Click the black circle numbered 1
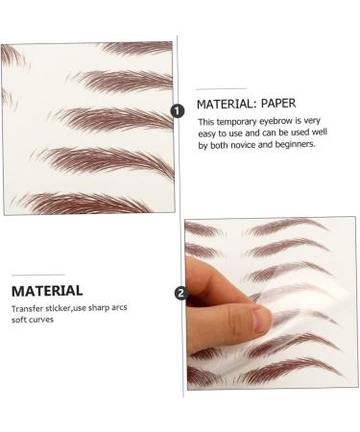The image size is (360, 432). point(178,110)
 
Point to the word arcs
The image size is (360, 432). point(127,308)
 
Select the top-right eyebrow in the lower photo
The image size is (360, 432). point(288,228)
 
